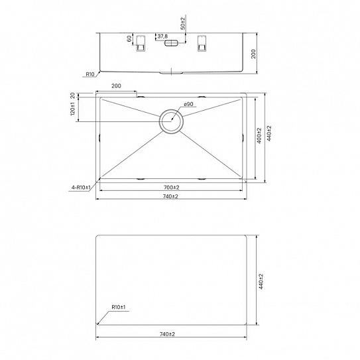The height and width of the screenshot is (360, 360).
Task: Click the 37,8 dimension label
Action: pyautogui.click(x=161, y=37)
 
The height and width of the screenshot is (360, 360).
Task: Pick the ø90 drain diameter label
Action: pyautogui.click(x=187, y=105)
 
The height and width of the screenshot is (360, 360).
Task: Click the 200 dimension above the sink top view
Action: pyautogui.click(x=116, y=87)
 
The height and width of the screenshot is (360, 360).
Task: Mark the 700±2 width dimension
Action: pyautogui.click(x=171, y=188)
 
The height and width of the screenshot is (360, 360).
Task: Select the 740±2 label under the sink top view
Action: pyautogui.click(x=171, y=197)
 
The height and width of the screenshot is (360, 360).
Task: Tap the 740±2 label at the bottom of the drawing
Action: pyautogui.click(x=171, y=333)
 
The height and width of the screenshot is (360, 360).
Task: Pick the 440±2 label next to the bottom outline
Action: pyautogui.click(x=261, y=281)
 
